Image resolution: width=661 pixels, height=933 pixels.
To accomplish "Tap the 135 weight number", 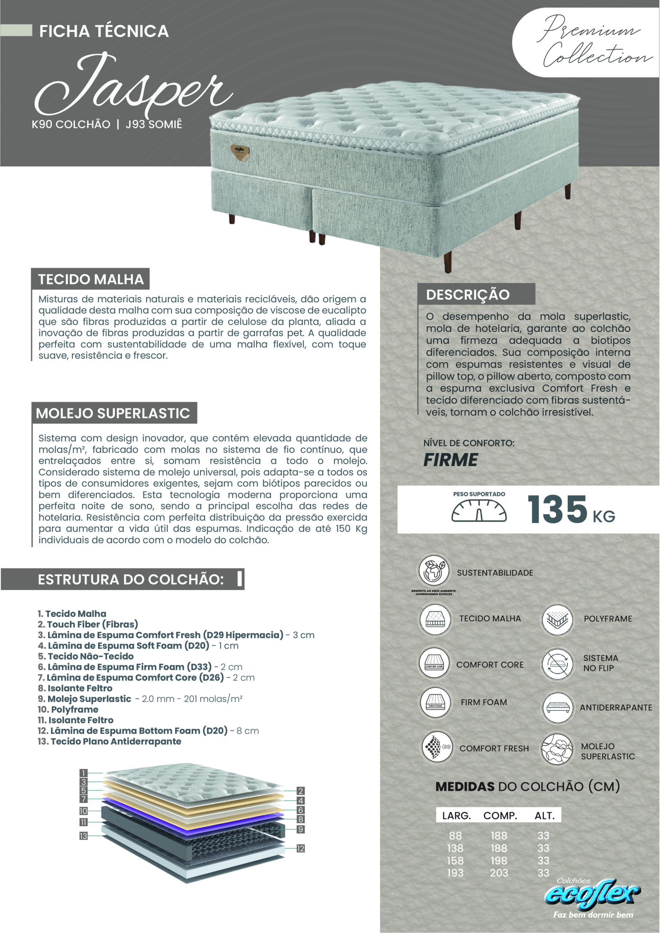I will tap(557, 509).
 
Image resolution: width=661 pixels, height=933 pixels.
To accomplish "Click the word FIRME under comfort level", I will tap(451, 460).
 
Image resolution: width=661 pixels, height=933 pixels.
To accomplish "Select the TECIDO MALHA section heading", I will tap(91, 279).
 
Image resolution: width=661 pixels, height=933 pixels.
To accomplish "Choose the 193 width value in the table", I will tap(455, 873).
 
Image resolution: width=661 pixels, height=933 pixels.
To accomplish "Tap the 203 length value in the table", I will tap(498, 873).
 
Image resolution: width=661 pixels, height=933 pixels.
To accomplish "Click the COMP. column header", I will tap(500, 816).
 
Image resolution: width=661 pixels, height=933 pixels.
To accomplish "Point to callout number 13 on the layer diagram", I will tap(83, 836).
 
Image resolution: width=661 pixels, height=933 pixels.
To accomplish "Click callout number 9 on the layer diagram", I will tap(300, 829).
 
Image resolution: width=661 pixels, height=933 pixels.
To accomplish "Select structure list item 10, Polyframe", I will tap(68, 710).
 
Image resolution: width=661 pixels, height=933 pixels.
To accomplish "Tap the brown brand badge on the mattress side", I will tap(240, 152).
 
